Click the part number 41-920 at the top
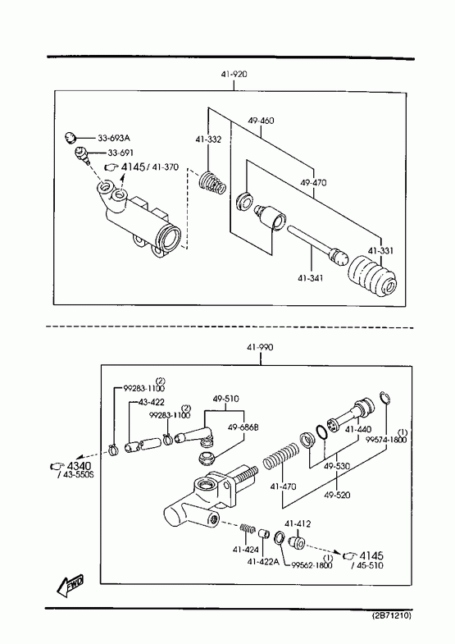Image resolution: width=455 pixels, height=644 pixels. point(234,75)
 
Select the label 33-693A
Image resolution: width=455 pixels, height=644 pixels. point(114,138)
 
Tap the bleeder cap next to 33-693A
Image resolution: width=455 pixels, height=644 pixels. point(71,137)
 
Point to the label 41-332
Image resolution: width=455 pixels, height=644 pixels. point(208,139)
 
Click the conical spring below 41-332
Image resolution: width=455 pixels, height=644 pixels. point(212,183)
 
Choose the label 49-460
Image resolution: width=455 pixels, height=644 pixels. point(261,121)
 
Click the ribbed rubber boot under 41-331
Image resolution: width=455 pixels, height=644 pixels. point(372,275)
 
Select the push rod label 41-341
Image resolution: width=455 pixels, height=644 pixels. point(311,278)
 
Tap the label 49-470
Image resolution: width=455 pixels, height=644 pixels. point(313,182)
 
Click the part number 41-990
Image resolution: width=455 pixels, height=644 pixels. point(260,348)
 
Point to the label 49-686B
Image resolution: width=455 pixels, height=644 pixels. point(243,427)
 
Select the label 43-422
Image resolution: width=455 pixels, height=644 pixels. point(152,402)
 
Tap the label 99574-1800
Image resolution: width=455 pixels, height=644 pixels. point(386,440)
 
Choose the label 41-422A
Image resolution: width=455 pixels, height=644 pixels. point(263,561)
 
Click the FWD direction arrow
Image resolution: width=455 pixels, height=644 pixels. point(71,585)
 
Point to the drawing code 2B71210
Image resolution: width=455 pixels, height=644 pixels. point(391,615)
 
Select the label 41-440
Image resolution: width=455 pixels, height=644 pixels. point(358,430)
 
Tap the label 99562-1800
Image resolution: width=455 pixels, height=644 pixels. point(312,565)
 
